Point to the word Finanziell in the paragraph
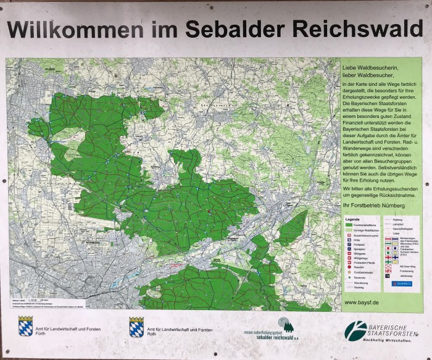click(354, 124)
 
